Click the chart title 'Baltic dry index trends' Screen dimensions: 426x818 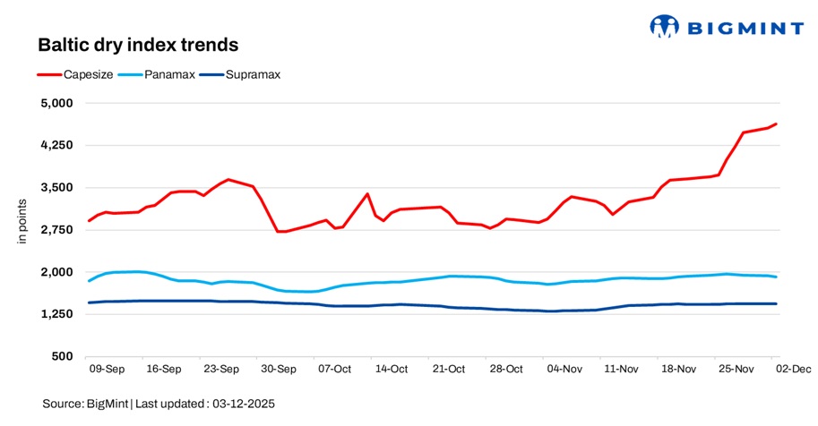pyautogui.click(x=137, y=44)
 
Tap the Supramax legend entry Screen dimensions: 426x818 pyautogui.click(x=253, y=74)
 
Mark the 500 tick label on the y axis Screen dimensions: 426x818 pyautogui.click(x=65, y=357)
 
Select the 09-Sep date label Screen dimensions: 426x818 pyautogui.click(x=107, y=369)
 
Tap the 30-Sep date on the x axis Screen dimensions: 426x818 pyautogui.click(x=278, y=369)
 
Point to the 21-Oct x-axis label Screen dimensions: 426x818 pyautogui.click(x=449, y=369)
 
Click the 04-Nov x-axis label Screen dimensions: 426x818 pyautogui.click(x=564, y=369)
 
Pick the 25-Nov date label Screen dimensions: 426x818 pyautogui.click(x=735, y=369)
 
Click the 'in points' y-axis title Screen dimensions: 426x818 pyautogui.click(x=24, y=230)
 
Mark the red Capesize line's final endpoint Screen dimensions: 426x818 pyautogui.click(x=776, y=124)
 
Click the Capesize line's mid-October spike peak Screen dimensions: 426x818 pyautogui.click(x=367, y=193)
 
